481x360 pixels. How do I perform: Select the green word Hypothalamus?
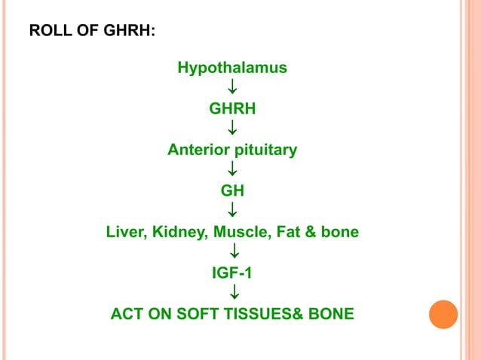(x=232, y=68)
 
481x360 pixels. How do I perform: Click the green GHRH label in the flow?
(x=232, y=108)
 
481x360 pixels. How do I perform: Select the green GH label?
(x=232, y=191)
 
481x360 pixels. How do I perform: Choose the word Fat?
(x=282, y=232)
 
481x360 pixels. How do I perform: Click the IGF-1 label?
(x=232, y=273)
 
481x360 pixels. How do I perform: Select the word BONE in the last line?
(x=330, y=313)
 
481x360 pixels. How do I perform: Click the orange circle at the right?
(x=443, y=313)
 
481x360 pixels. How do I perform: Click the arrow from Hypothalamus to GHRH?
(x=233, y=88)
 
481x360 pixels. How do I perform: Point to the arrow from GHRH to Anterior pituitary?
(x=233, y=129)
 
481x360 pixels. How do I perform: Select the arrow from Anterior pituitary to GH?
(x=233, y=170)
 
